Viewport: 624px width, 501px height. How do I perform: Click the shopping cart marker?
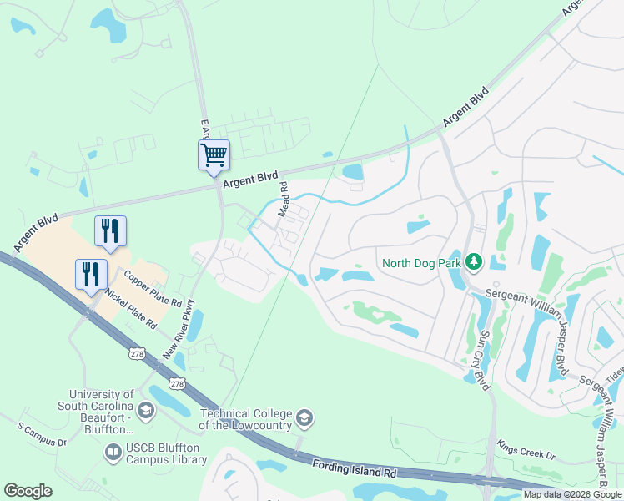pyautogui.click(x=214, y=154)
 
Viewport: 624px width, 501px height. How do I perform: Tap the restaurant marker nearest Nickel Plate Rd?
pyautogui.click(x=91, y=274)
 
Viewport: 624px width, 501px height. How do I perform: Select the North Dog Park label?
pyautogui.click(x=422, y=263)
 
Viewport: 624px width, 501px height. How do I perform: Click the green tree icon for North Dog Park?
pyautogui.click(x=474, y=263)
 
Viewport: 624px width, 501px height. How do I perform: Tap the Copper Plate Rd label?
pyautogui.click(x=153, y=287)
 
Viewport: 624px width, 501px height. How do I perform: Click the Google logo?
pyautogui.click(x=28, y=490)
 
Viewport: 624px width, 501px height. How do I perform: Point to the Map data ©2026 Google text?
pyautogui.click(x=573, y=494)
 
